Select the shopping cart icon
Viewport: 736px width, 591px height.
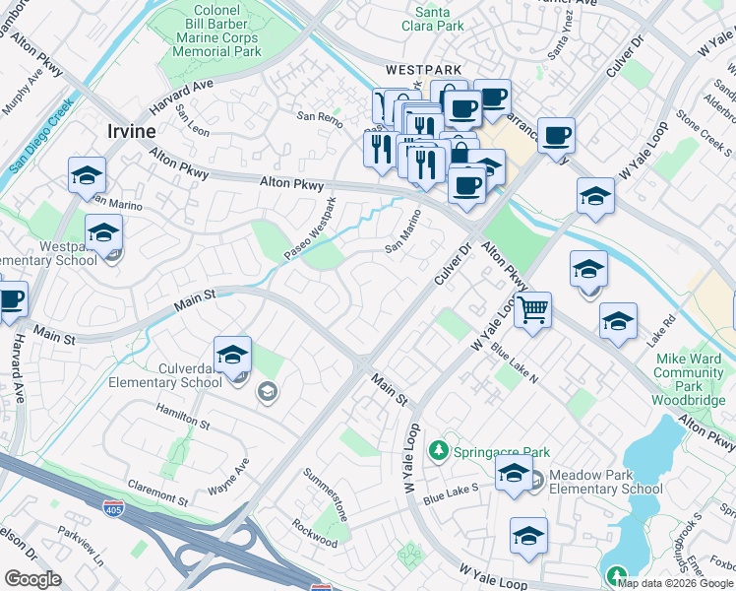[x=532, y=310]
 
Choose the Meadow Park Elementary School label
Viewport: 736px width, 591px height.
[x=605, y=482]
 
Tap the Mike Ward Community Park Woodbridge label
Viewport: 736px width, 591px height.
[x=688, y=373]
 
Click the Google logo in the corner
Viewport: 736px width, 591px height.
[x=33, y=579]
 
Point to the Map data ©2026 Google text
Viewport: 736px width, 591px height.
[x=675, y=582]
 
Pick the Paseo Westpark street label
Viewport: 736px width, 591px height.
[x=311, y=230]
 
